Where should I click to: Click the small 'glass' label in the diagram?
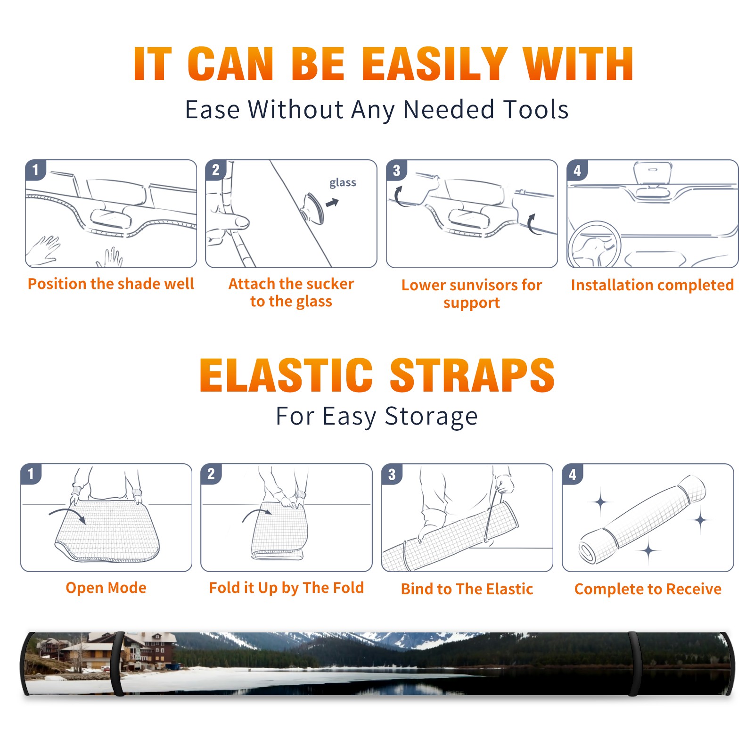343,183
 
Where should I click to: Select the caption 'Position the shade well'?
111,284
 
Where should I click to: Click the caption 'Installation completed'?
652,285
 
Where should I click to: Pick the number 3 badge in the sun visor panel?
396,171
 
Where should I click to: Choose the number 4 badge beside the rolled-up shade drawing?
573,474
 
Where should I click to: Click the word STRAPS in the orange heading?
472,375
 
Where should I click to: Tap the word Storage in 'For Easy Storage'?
431,417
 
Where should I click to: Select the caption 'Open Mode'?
106,588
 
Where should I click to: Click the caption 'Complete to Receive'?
648,589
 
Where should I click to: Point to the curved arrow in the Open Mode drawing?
67,515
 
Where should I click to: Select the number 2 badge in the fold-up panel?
211,474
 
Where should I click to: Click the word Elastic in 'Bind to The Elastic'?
509,589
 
